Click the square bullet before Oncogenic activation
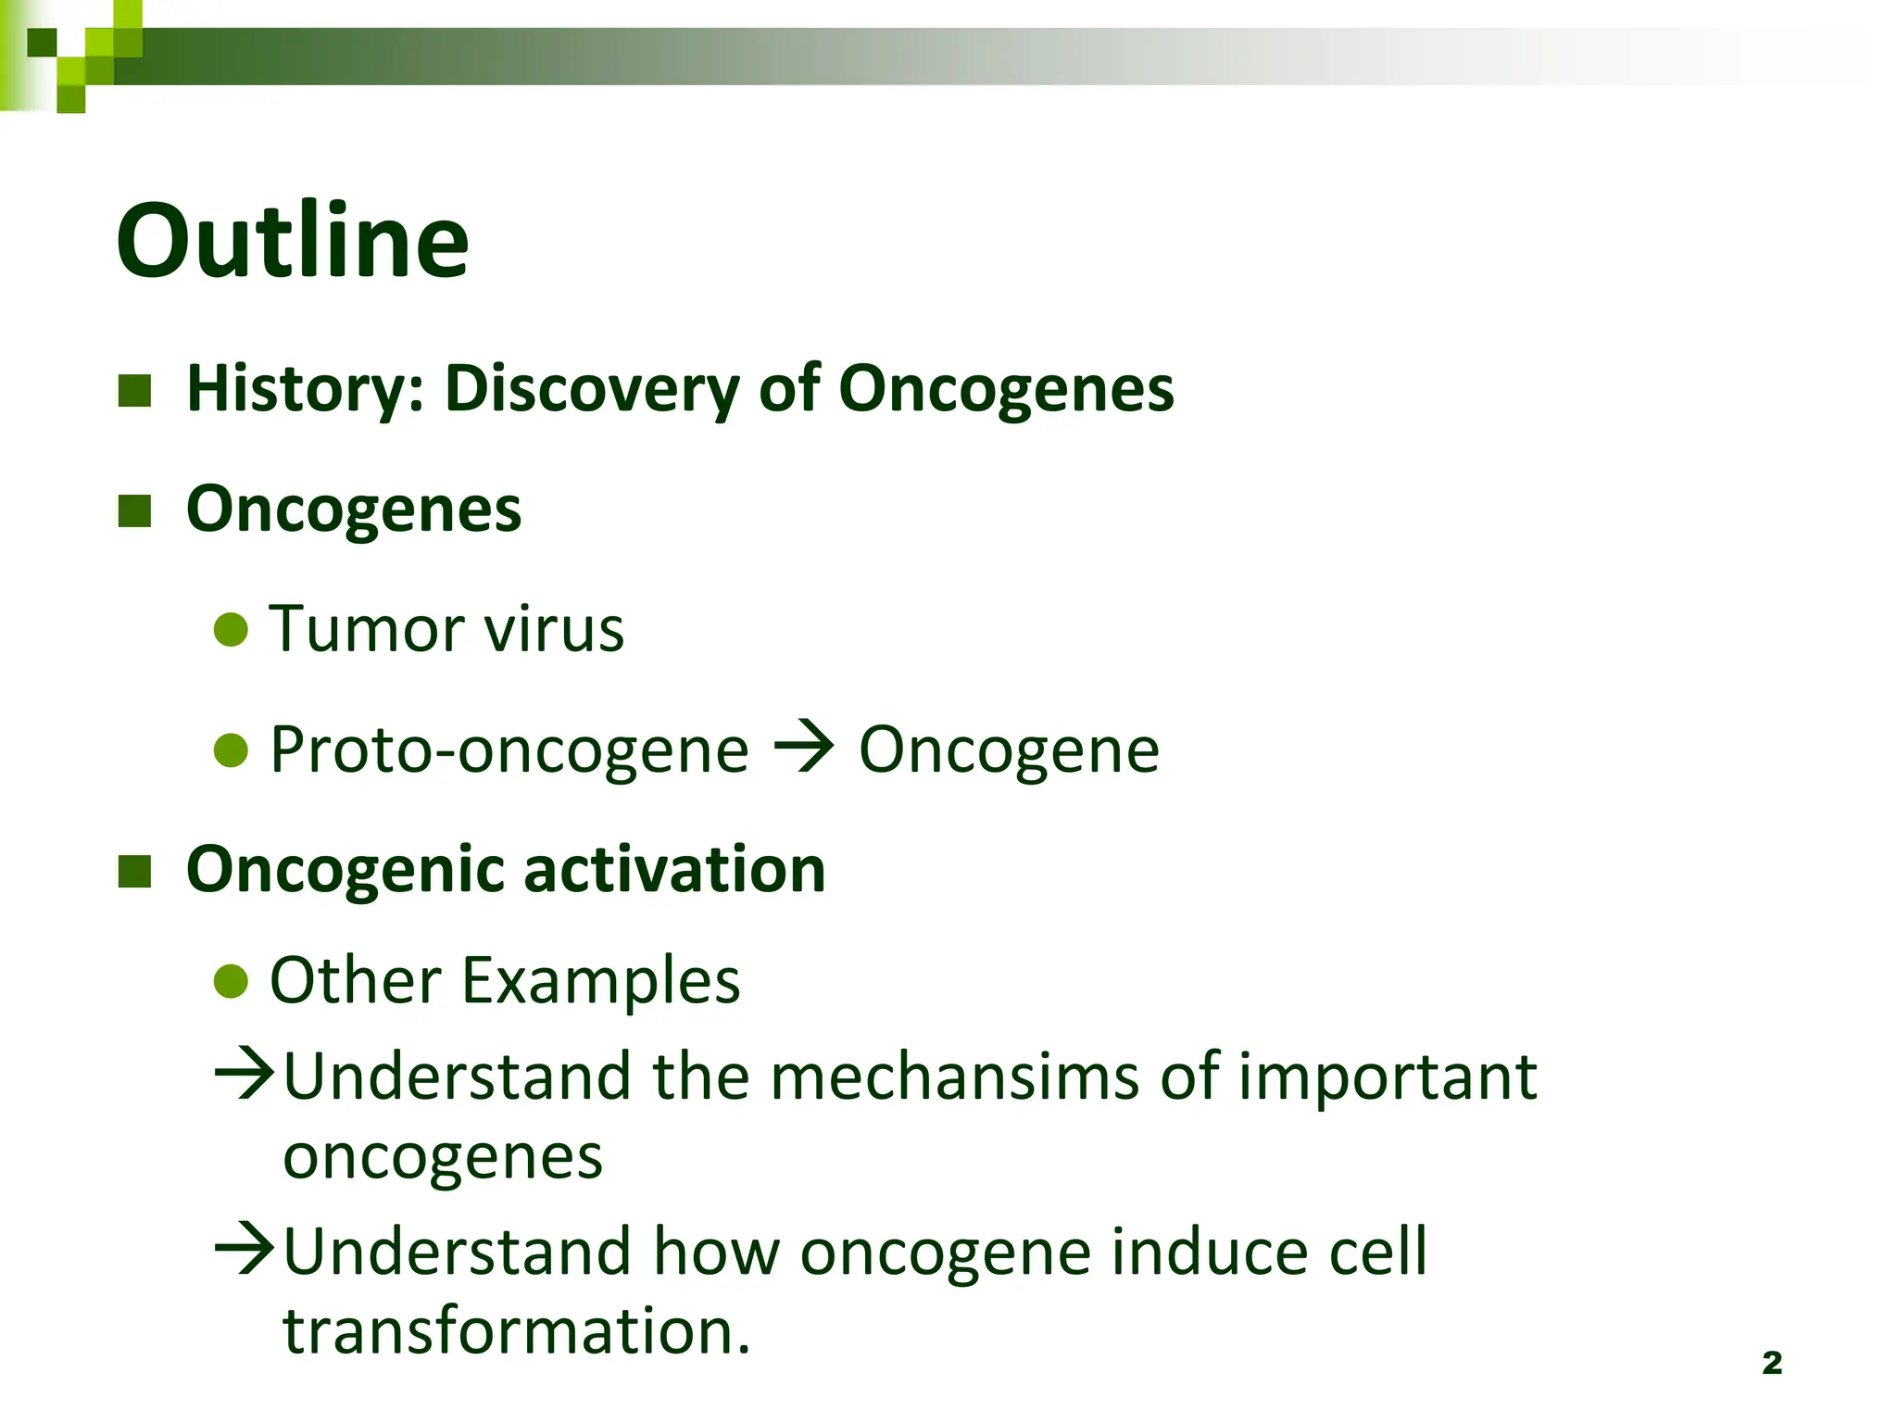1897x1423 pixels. pos(135,871)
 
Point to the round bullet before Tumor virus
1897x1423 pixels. pos(231,630)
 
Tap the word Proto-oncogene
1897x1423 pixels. pos(509,749)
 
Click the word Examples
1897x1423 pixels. pos(600,980)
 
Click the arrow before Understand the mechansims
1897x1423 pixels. pos(245,1075)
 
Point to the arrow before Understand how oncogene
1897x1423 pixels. pos(245,1250)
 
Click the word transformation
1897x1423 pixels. pos(516,1330)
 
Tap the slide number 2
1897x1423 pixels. pos(1771,1363)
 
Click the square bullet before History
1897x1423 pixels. pos(135,391)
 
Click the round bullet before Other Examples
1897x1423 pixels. pos(231,981)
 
